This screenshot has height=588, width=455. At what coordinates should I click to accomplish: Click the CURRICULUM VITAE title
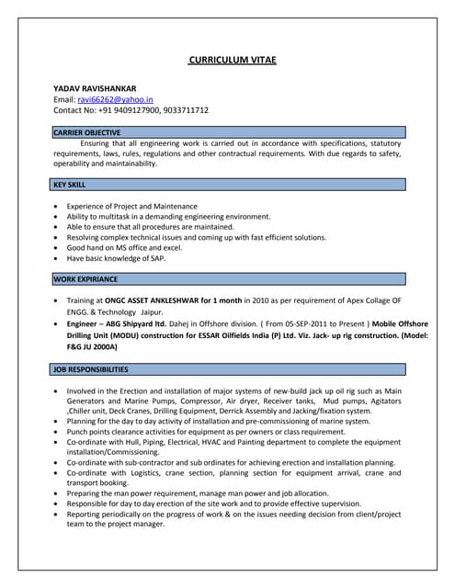[x=232, y=60]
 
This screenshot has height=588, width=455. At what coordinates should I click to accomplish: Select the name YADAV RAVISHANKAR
[x=95, y=88]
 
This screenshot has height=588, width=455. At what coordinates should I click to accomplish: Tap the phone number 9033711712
[x=186, y=110]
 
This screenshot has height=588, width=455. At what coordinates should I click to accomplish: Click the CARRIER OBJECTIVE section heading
[x=87, y=133]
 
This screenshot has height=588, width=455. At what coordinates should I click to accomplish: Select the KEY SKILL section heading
[x=70, y=185]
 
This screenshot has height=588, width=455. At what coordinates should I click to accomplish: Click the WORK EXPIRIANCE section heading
[x=85, y=278]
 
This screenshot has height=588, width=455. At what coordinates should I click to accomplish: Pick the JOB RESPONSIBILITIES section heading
[x=91, y=369]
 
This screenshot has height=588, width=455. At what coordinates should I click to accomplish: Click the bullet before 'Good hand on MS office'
[x=58, y=248]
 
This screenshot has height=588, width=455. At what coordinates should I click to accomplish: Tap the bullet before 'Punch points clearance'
[x=58, y=432]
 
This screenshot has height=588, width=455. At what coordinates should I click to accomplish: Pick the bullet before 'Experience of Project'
[x=58, y=207]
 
